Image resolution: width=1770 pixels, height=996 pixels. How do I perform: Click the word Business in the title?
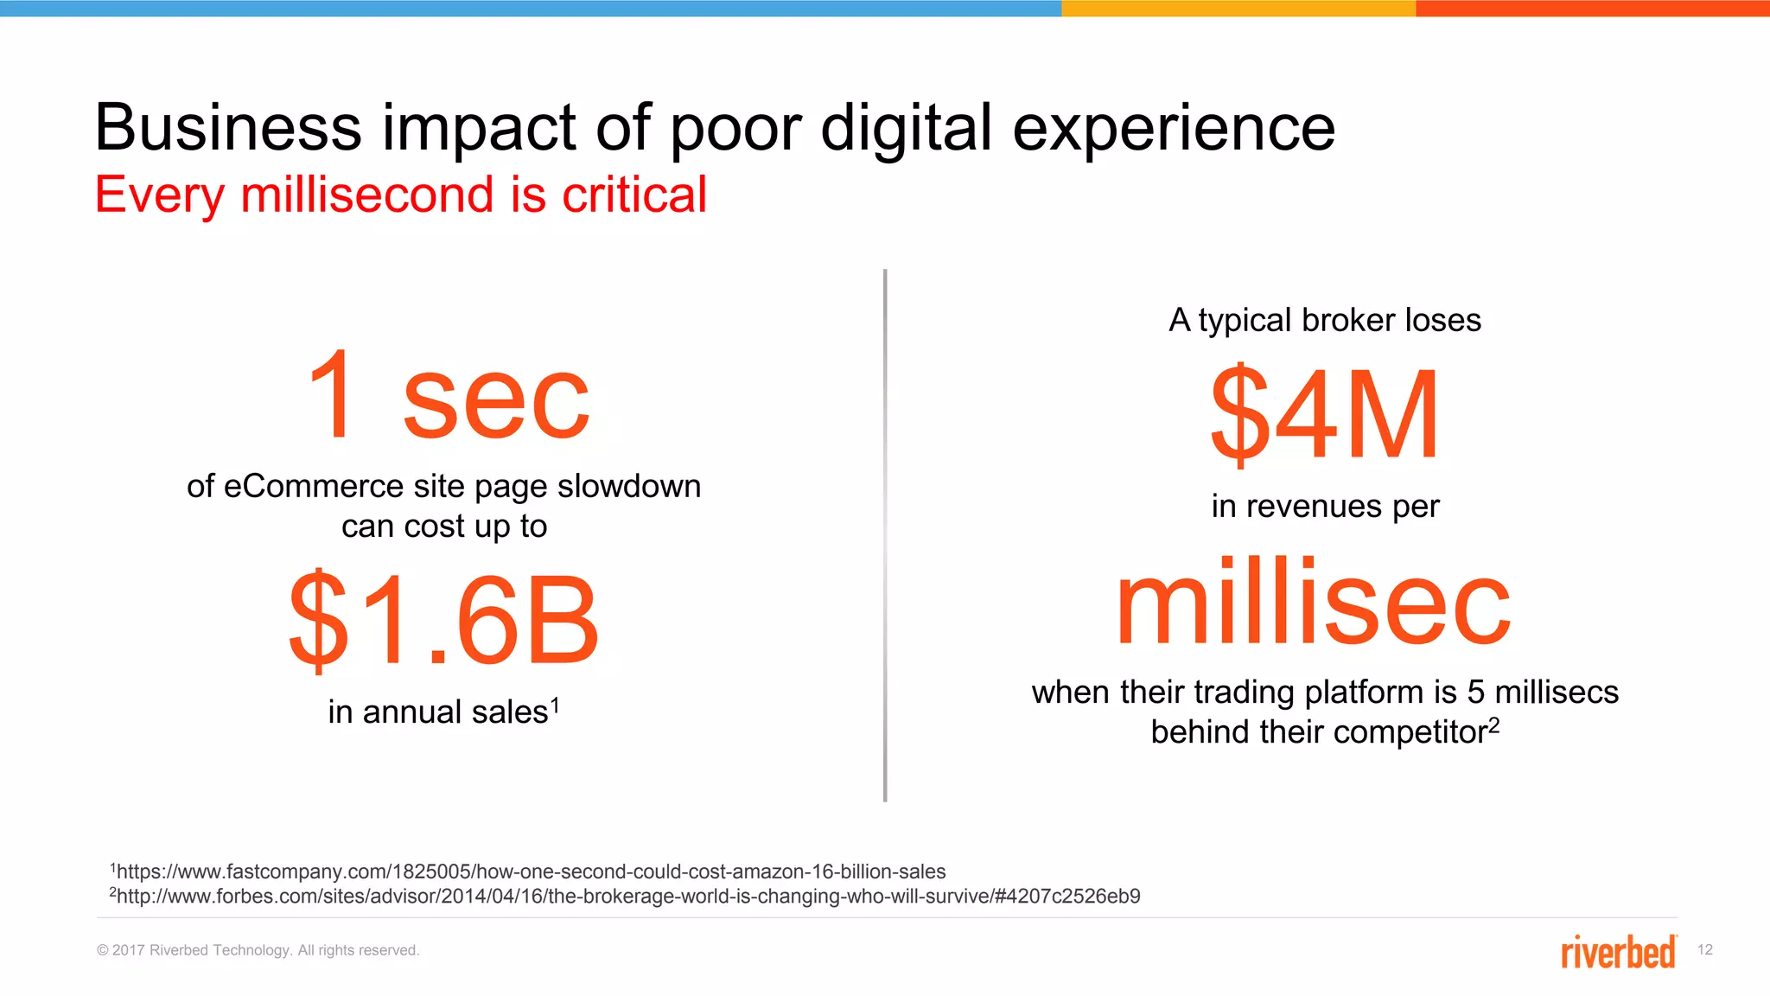[227, 128]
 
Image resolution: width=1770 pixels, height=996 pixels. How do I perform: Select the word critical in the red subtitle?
[634, 195]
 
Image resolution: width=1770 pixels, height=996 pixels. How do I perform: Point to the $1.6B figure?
[443, 621]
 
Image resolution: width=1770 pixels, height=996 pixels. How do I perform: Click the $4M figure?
[1324, 415]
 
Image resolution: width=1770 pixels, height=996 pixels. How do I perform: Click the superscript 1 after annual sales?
[555, 705]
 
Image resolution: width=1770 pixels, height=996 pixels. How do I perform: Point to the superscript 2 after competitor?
[1493, 725]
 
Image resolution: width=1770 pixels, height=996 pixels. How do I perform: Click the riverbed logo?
[1618, 951]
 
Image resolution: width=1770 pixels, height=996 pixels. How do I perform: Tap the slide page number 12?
[1704, 950]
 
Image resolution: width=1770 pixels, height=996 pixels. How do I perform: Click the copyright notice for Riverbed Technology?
[258, 950]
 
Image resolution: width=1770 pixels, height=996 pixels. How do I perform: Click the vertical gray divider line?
[885, 536]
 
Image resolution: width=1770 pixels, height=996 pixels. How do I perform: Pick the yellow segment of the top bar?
[1238, 8]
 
